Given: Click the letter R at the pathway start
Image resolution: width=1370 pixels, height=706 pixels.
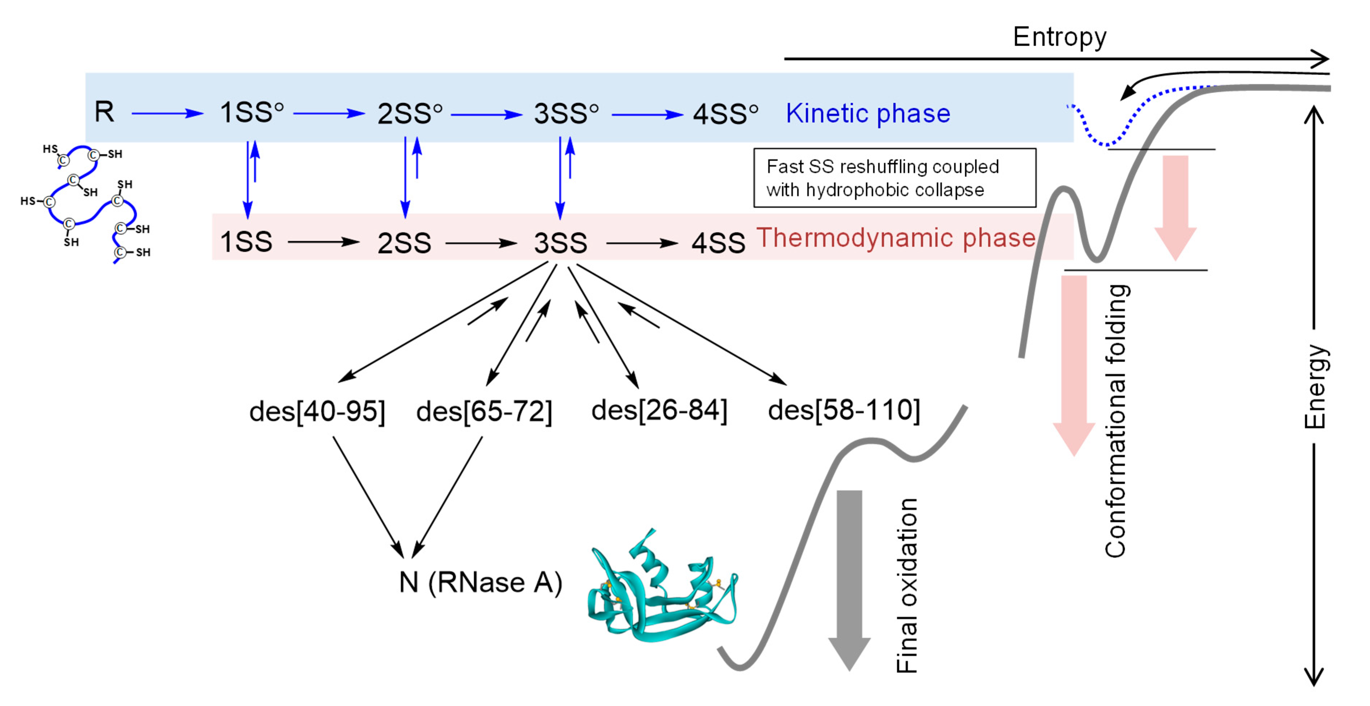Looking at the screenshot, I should coord(104,112).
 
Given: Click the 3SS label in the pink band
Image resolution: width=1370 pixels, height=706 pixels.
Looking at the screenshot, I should coord(560,242).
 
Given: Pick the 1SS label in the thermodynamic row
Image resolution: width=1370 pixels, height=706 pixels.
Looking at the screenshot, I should coord(246,242).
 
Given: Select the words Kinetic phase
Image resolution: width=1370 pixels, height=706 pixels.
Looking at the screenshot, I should coord(868,113).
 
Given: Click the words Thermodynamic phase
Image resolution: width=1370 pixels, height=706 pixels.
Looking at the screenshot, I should coord(896,238).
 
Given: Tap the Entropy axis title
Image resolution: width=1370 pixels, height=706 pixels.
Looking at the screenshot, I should coord(1059,37).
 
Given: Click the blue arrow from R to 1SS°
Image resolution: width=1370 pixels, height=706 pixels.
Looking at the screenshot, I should coord(167,113).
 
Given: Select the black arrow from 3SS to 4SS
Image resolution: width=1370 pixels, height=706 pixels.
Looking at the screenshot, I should coord(641,244).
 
